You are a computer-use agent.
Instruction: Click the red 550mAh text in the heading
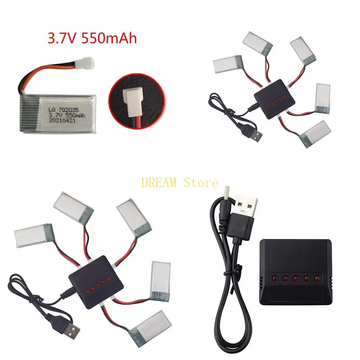point(109,38)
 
